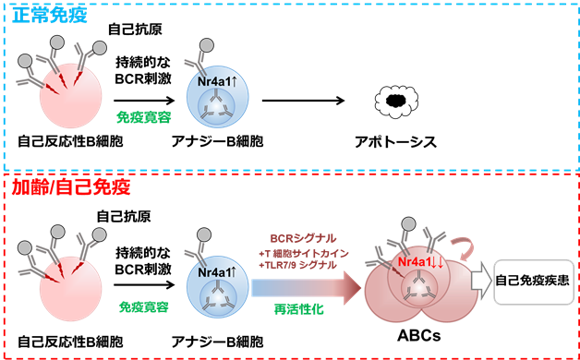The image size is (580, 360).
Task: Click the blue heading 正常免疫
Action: tap(50, 15)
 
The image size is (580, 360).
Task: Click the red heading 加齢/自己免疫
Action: tap(71, 187)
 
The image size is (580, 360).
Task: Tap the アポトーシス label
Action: tap(396, 142)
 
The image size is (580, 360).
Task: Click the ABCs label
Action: tap(419, 336)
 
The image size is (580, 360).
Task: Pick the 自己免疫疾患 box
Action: tap(534, 282)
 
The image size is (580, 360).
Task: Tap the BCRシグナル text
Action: tap(303, 239)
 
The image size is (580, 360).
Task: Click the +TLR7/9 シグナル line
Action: tap(297, 265)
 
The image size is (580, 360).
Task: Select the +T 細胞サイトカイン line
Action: tap(304, 254)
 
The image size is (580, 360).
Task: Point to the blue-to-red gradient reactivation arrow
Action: tap(307, 288)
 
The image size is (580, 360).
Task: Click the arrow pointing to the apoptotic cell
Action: tap(304, 101)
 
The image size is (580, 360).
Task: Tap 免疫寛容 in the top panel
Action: tap(144, 117)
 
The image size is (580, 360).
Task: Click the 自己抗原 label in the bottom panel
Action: tap(124, 216)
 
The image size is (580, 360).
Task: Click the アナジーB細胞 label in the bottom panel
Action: tap(218, 342)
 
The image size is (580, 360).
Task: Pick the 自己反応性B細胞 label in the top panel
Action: tap(70, 141)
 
